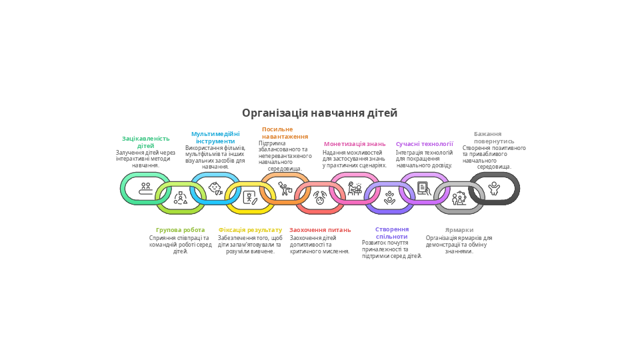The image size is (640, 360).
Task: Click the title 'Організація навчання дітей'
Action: coord(319,113)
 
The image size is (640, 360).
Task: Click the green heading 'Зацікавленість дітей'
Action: coord(145,142)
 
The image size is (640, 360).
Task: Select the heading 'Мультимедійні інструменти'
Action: coord(215,137)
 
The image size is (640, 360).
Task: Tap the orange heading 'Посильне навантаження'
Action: coord(285,133)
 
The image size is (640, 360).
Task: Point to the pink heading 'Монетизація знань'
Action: coord(355,144)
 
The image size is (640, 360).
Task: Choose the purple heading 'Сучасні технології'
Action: coord(424,144)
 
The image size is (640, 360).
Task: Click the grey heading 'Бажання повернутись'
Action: coord(493,137)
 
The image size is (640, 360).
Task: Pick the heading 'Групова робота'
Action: coord(181,230)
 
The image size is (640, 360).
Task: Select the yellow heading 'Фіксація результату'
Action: coord(250,230)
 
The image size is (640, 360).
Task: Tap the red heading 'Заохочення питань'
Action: coord(320,230)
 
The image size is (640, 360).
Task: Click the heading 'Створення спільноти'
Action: coord(392,233)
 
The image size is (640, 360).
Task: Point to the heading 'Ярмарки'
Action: coord(459,230)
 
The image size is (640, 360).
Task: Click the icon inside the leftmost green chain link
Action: coord(145,189)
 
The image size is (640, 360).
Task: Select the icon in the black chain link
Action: coord(494,189)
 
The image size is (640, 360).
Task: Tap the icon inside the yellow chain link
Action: coord(250,197)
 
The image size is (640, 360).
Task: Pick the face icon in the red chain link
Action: coord(320,198)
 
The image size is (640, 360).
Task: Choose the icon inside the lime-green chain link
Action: coord(181,197)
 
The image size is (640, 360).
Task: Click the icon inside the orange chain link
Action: coord(285,189)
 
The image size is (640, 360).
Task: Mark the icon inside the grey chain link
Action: coord(459,198)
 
